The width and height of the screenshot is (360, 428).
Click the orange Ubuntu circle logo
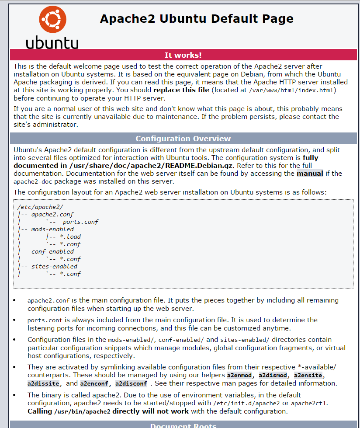tap(53, 19)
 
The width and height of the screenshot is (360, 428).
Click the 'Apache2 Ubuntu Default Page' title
tap(197, 19)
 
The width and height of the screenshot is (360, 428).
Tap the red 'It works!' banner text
tap(183, 55)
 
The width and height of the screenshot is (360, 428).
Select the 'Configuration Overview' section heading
tap(183, 139)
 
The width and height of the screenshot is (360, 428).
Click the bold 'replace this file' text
tap(181, 90)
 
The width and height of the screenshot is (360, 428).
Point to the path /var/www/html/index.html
tap(292, 90)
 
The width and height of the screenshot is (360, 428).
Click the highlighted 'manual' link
tap(310, 174)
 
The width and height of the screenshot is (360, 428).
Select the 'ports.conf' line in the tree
tap(80, 222)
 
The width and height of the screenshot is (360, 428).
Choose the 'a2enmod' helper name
tap(239, 376)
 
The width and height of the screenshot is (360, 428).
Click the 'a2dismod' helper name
tap(273, 376)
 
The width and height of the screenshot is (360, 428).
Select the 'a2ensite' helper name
tap(309, 376)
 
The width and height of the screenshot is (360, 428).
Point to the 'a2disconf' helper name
tap(131, 384)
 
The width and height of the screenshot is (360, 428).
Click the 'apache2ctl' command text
tap(309, 404)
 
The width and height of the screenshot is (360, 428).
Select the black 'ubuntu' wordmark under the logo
tap(52, 43)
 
